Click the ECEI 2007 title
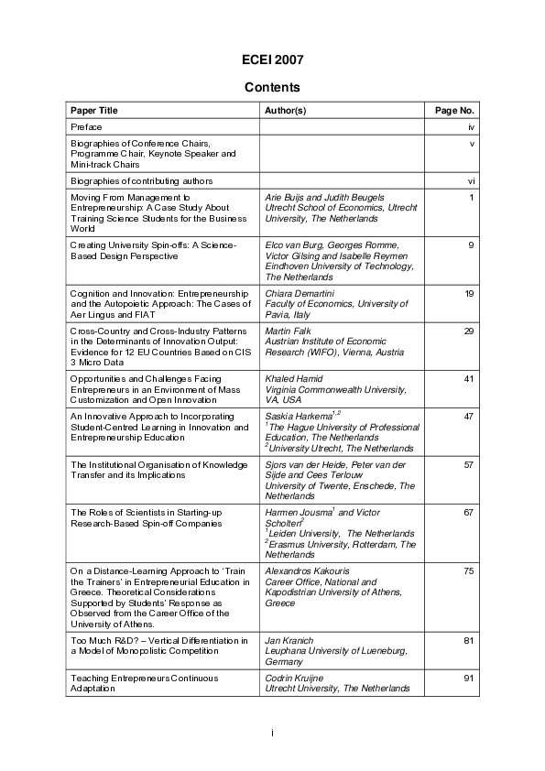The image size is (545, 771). (x=272, y=60)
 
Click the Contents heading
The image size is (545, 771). (x=272, y=88)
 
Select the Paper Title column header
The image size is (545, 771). (x=94, y=111)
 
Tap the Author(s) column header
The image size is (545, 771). (x=285, y=111)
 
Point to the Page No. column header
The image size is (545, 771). (x=454, y=111)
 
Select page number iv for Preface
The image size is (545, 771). (x=470, y=127)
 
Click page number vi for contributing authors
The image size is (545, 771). (x=470, y=181)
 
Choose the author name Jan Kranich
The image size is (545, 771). (x=286, y=640)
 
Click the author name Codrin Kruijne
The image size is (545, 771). (x=294, y=678)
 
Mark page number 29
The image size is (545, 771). (x=468, y=331)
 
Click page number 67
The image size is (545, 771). (x=468, y=513)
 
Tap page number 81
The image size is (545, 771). (x=468, y=640)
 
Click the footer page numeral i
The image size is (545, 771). (x=272, y=733)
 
